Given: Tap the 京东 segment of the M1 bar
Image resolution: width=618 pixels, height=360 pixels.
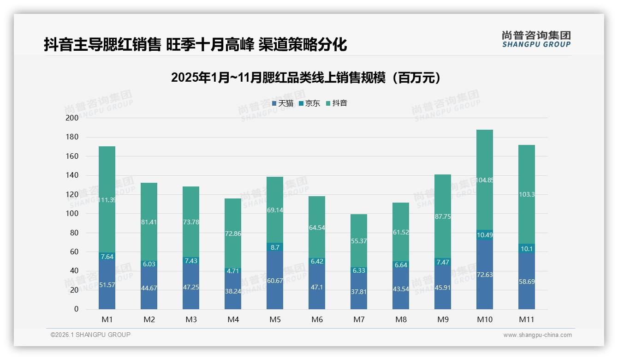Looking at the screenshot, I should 107,256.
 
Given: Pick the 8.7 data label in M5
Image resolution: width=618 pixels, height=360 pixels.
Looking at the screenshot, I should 275,247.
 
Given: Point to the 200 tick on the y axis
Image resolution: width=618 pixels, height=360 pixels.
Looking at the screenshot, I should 72,118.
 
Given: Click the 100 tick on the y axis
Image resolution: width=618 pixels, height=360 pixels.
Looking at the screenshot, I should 72,214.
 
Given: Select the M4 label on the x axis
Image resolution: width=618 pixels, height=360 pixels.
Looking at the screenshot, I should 233,319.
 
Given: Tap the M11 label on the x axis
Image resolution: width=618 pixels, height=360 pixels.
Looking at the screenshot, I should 527,319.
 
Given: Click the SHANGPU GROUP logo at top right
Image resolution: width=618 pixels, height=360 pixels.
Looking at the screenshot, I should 536,39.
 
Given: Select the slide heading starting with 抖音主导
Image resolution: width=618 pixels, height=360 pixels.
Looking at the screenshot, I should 195,45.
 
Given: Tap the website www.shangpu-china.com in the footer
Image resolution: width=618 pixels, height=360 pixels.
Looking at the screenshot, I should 537,335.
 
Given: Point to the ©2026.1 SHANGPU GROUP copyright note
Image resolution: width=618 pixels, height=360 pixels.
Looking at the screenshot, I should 90,335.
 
